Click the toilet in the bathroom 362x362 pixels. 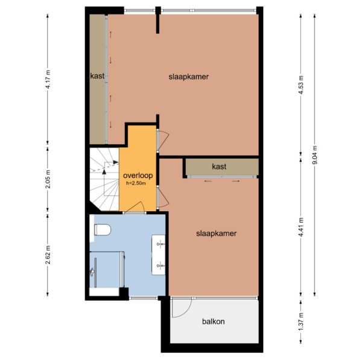tap(103, 230)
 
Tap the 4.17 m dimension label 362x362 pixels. tap(48, 79)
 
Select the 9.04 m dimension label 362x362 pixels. tap(314, 154)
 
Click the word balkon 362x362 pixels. tap(214, 322)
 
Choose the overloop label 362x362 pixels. tap(138, 176)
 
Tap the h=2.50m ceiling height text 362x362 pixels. tap(136, 183)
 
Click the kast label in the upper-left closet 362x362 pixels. tap(97, 76)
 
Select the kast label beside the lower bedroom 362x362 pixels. tap(219, 167)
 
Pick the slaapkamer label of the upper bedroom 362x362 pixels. tap(189, 77)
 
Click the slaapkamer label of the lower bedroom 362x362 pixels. tap(217, 233)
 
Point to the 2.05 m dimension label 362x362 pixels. tap(48, 179)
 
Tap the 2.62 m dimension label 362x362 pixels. tap(48, 255)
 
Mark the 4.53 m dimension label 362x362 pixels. tap(300, 84)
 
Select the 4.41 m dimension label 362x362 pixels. tap(300, 227)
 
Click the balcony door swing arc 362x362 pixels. tap(187, 313)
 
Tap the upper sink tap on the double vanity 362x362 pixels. tap(160, 244)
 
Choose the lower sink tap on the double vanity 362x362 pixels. tap(160, 265)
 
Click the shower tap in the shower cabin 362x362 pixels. tap(92, 271)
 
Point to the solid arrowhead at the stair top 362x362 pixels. tap(116, 162)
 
